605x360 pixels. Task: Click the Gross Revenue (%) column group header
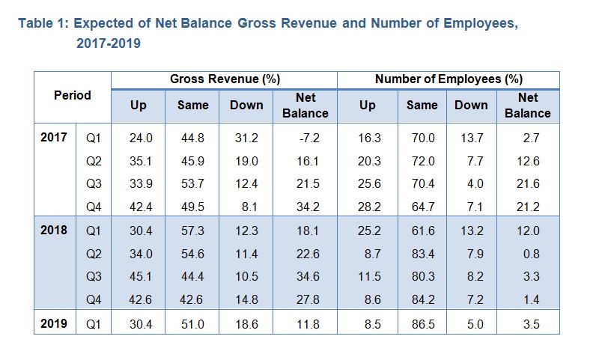click(225, 79)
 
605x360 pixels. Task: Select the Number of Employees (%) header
click(449, 79)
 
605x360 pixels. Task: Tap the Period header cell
click(73, 96)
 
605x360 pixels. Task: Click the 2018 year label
click(54, 230)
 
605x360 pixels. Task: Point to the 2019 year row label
click(54, 324)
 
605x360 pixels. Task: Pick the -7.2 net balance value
click(306, 138)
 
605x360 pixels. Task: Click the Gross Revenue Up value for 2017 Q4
click(139, 206)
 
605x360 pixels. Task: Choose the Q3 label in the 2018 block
click(94, 276)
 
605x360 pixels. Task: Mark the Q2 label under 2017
click(94, 161)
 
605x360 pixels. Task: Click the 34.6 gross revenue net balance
click(306, 276)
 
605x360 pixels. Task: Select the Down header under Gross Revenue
click(246, 106)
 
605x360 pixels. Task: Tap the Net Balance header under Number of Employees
click(527, 106)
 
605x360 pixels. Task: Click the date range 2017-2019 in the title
click(108, 44)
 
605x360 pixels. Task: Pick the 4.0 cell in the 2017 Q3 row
click(471, 183)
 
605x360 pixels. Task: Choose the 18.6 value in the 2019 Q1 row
click(246, 325)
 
